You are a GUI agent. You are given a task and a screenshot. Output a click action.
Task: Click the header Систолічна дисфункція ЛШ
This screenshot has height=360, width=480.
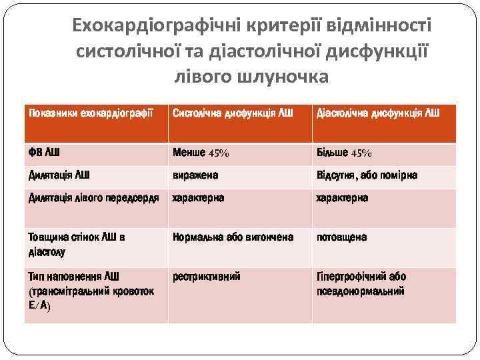232,113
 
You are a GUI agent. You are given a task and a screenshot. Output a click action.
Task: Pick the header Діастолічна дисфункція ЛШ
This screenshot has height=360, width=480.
377,113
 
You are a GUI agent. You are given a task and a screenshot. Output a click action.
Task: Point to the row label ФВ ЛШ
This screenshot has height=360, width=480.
44,153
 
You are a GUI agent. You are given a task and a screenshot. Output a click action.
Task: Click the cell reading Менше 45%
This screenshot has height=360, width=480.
201,153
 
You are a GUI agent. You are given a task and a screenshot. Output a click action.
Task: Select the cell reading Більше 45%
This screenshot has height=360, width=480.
344,153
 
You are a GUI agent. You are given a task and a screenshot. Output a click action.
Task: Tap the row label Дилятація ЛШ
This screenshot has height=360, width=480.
59,175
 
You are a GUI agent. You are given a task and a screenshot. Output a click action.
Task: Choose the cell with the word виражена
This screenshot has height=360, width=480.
195,175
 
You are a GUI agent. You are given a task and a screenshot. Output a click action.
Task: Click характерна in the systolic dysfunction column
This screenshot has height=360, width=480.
199,198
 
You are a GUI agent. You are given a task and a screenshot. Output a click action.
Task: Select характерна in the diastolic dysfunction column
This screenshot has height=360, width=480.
342,198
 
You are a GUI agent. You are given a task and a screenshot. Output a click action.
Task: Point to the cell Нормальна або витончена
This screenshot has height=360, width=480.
233,237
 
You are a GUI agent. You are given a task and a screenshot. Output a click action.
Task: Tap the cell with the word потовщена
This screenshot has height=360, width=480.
341,237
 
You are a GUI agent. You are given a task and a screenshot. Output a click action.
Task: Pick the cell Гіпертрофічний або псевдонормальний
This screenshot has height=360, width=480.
361,283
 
